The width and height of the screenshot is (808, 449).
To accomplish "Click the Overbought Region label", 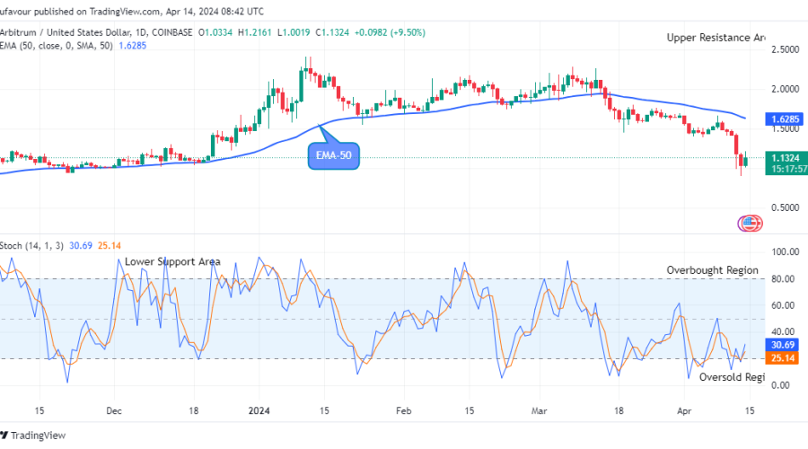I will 712,270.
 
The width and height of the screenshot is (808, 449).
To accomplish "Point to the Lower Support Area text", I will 172,261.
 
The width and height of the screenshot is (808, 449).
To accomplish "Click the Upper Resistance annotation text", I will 715,38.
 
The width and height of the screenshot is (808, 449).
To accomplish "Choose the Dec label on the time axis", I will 113,409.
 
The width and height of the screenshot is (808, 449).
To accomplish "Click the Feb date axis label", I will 404,409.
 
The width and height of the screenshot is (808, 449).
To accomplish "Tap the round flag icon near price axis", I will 748,223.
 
